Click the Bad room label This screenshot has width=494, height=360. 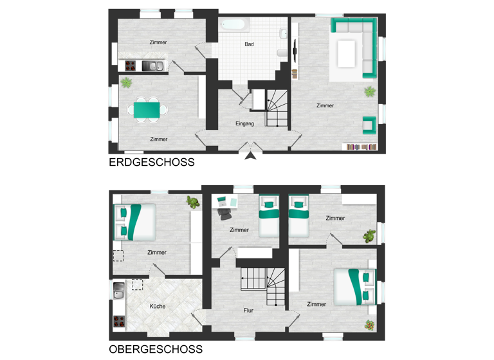click(249, 44)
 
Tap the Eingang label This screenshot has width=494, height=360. click(245, 123)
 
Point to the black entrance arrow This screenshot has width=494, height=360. click(250, 154)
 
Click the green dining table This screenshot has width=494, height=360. click(147, 109)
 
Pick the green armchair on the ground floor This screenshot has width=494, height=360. click(369, 125)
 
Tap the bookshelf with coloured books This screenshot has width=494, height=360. click(361, 147)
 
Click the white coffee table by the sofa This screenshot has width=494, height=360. click(347, 53)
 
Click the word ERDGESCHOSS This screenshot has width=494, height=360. click(152, 163)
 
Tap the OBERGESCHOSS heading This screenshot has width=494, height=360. click(156, 350)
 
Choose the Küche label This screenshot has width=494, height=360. click(157, 306)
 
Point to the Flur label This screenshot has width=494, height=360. click(248, 310)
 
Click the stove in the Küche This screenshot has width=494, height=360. click(118, 320)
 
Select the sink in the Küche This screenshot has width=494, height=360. click(118, 291)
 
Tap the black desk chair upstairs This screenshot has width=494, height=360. click(224, 212)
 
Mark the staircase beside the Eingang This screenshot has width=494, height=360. click(277, 106)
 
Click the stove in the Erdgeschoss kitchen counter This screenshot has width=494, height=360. click(131, 66)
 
